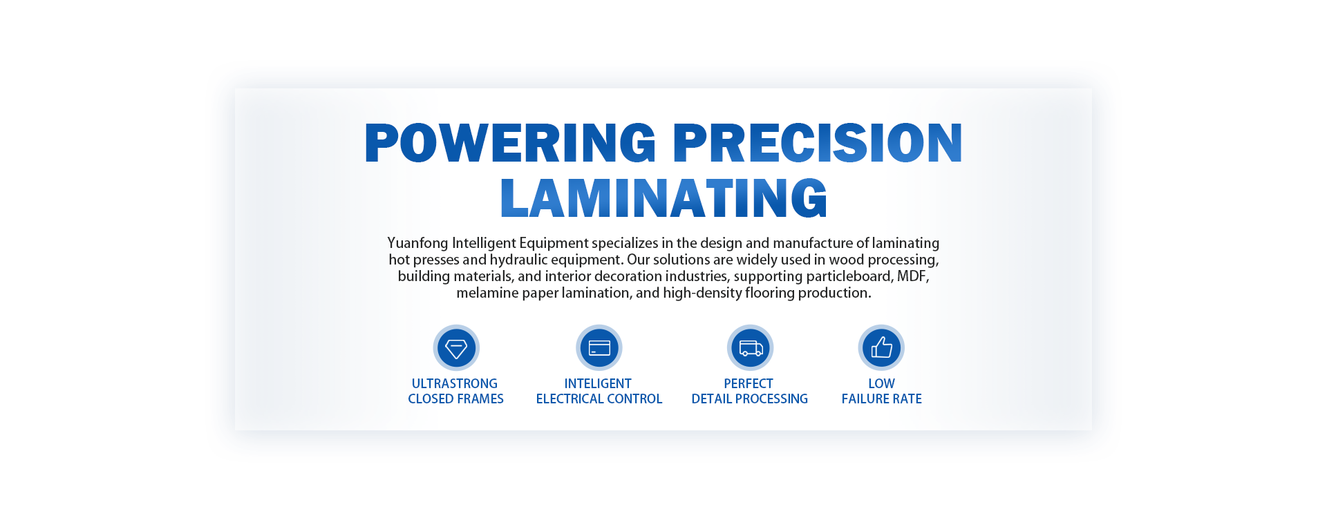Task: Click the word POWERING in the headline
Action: (510, 143)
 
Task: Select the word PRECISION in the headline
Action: (818, 143)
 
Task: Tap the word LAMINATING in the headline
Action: (663, 198)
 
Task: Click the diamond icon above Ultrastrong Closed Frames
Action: (456, 347)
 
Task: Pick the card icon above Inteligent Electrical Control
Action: (599, 347)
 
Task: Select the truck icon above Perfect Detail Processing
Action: (750, 347)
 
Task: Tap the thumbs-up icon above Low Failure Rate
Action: (881, 347)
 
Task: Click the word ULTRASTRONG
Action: (455, 383)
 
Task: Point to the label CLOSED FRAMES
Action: (455, 399)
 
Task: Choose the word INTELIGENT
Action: (598, 383)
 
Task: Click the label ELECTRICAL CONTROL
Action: (599, 399)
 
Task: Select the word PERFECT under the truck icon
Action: (749, 383)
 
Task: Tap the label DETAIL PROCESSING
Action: (750, 399)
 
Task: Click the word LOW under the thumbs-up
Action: (881, 383)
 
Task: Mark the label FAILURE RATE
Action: (882, 399)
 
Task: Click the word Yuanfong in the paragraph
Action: (418, 243)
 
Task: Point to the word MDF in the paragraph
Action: (912, 276)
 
